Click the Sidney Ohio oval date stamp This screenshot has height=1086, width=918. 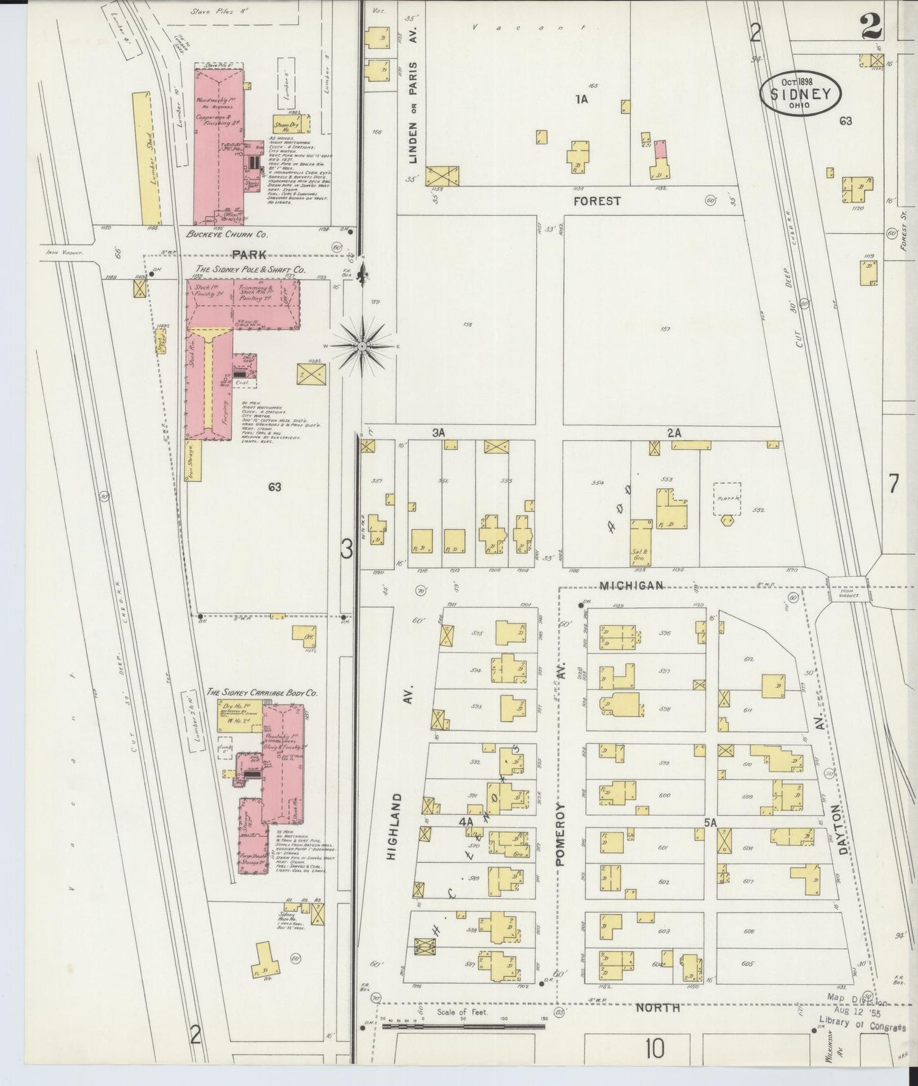pos(801,93)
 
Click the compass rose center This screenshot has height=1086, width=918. pos(361,346)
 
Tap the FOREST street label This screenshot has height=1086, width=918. pos(597,201)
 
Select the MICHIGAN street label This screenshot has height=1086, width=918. pos(632,585)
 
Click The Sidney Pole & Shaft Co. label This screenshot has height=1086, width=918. pos(251,270)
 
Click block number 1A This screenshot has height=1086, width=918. pos(581,99)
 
